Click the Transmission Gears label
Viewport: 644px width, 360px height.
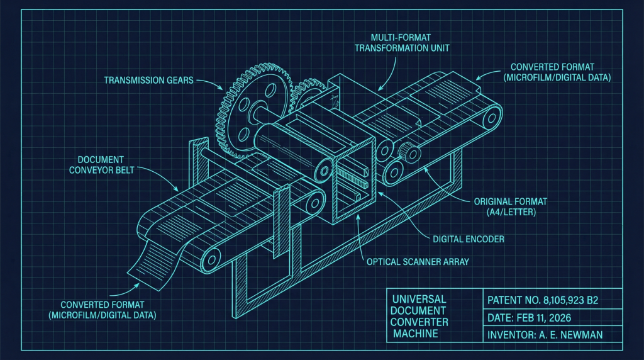148,80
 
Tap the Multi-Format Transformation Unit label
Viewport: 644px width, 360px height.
402,43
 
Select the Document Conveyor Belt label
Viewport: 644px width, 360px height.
101,165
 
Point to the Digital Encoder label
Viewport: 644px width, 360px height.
468,239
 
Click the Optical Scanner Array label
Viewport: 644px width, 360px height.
418,262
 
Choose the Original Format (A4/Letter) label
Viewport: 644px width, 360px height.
511,206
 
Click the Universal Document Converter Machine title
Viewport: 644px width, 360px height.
419,316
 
